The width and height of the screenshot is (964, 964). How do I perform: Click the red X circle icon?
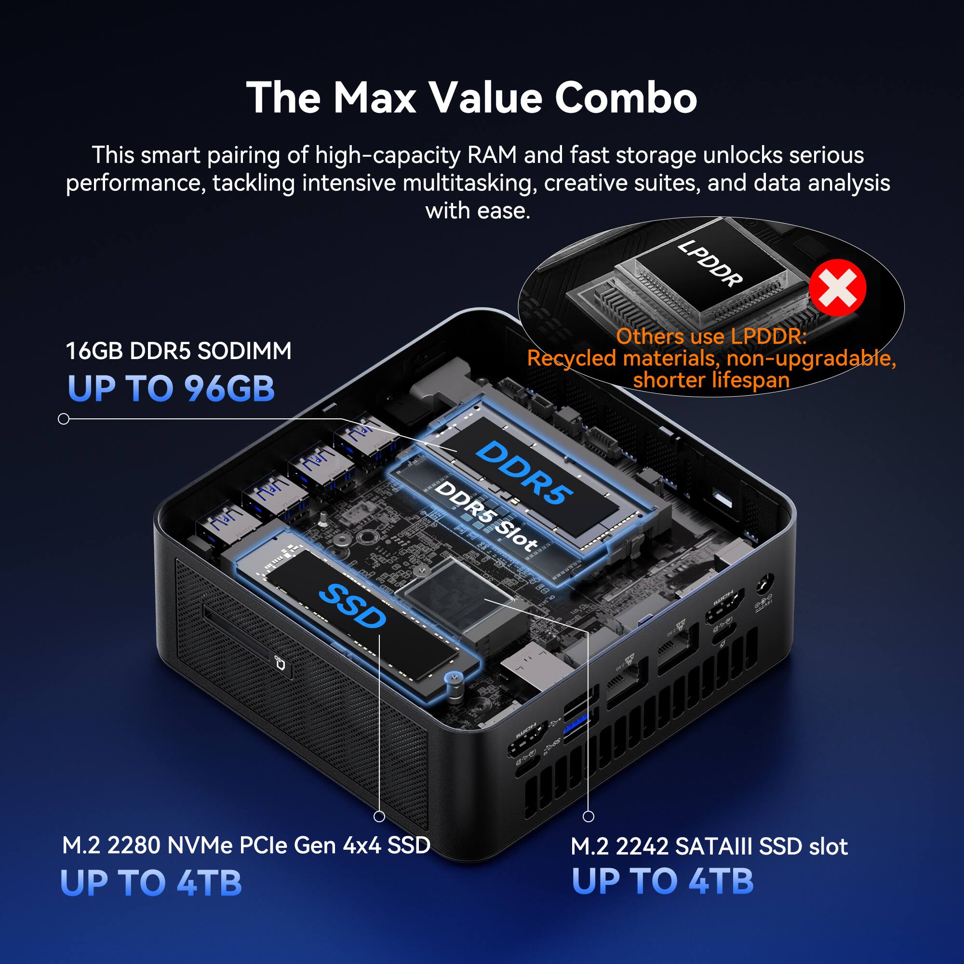[x=837, y=288]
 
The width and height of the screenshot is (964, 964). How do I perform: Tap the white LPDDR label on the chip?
[x=710, y=263]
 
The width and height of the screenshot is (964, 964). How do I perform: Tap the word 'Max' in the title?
[x=374, y=98]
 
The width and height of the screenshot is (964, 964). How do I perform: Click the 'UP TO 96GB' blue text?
[x=171, y=388]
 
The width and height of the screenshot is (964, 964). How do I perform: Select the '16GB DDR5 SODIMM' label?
[x=179, y=351]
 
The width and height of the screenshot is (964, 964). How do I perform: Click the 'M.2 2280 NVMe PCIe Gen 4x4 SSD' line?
[x=246, y=845]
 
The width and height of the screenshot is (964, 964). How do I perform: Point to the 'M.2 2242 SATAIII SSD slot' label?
[x=709, y=846]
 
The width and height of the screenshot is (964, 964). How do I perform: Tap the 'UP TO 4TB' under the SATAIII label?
[x=662, y=881]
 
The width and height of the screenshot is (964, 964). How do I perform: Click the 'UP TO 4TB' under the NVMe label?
[x=151, y=882]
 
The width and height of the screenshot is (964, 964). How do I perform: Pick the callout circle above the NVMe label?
[x=379, y=817]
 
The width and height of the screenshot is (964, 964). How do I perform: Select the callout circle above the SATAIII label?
[x=589, y=817]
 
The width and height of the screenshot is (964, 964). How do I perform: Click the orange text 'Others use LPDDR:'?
[x=711, y=336]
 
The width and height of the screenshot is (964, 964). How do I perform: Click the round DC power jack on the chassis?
[x=765, y=585]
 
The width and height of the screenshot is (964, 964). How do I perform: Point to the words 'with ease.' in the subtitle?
[x=478, y=210]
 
